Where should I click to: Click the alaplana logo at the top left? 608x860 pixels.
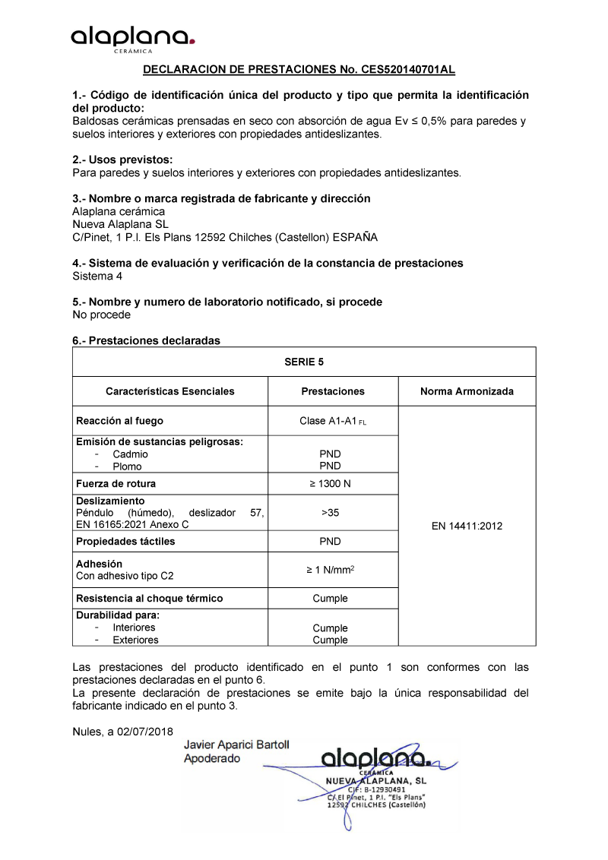click(133, 38)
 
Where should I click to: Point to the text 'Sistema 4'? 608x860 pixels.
click(97, 276)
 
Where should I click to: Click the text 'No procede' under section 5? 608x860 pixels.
click(101, 315)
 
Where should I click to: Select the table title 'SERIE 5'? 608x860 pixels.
click(304, 362)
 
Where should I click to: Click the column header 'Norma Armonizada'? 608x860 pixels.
click(467, 392)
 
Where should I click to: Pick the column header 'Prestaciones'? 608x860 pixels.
click(333, 392)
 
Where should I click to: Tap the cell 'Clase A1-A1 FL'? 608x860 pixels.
click(333, 422)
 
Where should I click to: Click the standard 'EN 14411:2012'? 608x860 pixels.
click(467, 526)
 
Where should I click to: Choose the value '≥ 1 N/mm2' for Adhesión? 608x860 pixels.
click(332, 570)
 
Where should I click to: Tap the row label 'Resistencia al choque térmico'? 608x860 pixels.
click(150, 599)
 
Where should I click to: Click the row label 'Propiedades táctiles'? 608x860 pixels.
click(125, 542)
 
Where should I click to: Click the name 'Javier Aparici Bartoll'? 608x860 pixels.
click(236, 745)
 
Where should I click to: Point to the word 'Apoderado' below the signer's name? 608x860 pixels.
click(212, 758)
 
